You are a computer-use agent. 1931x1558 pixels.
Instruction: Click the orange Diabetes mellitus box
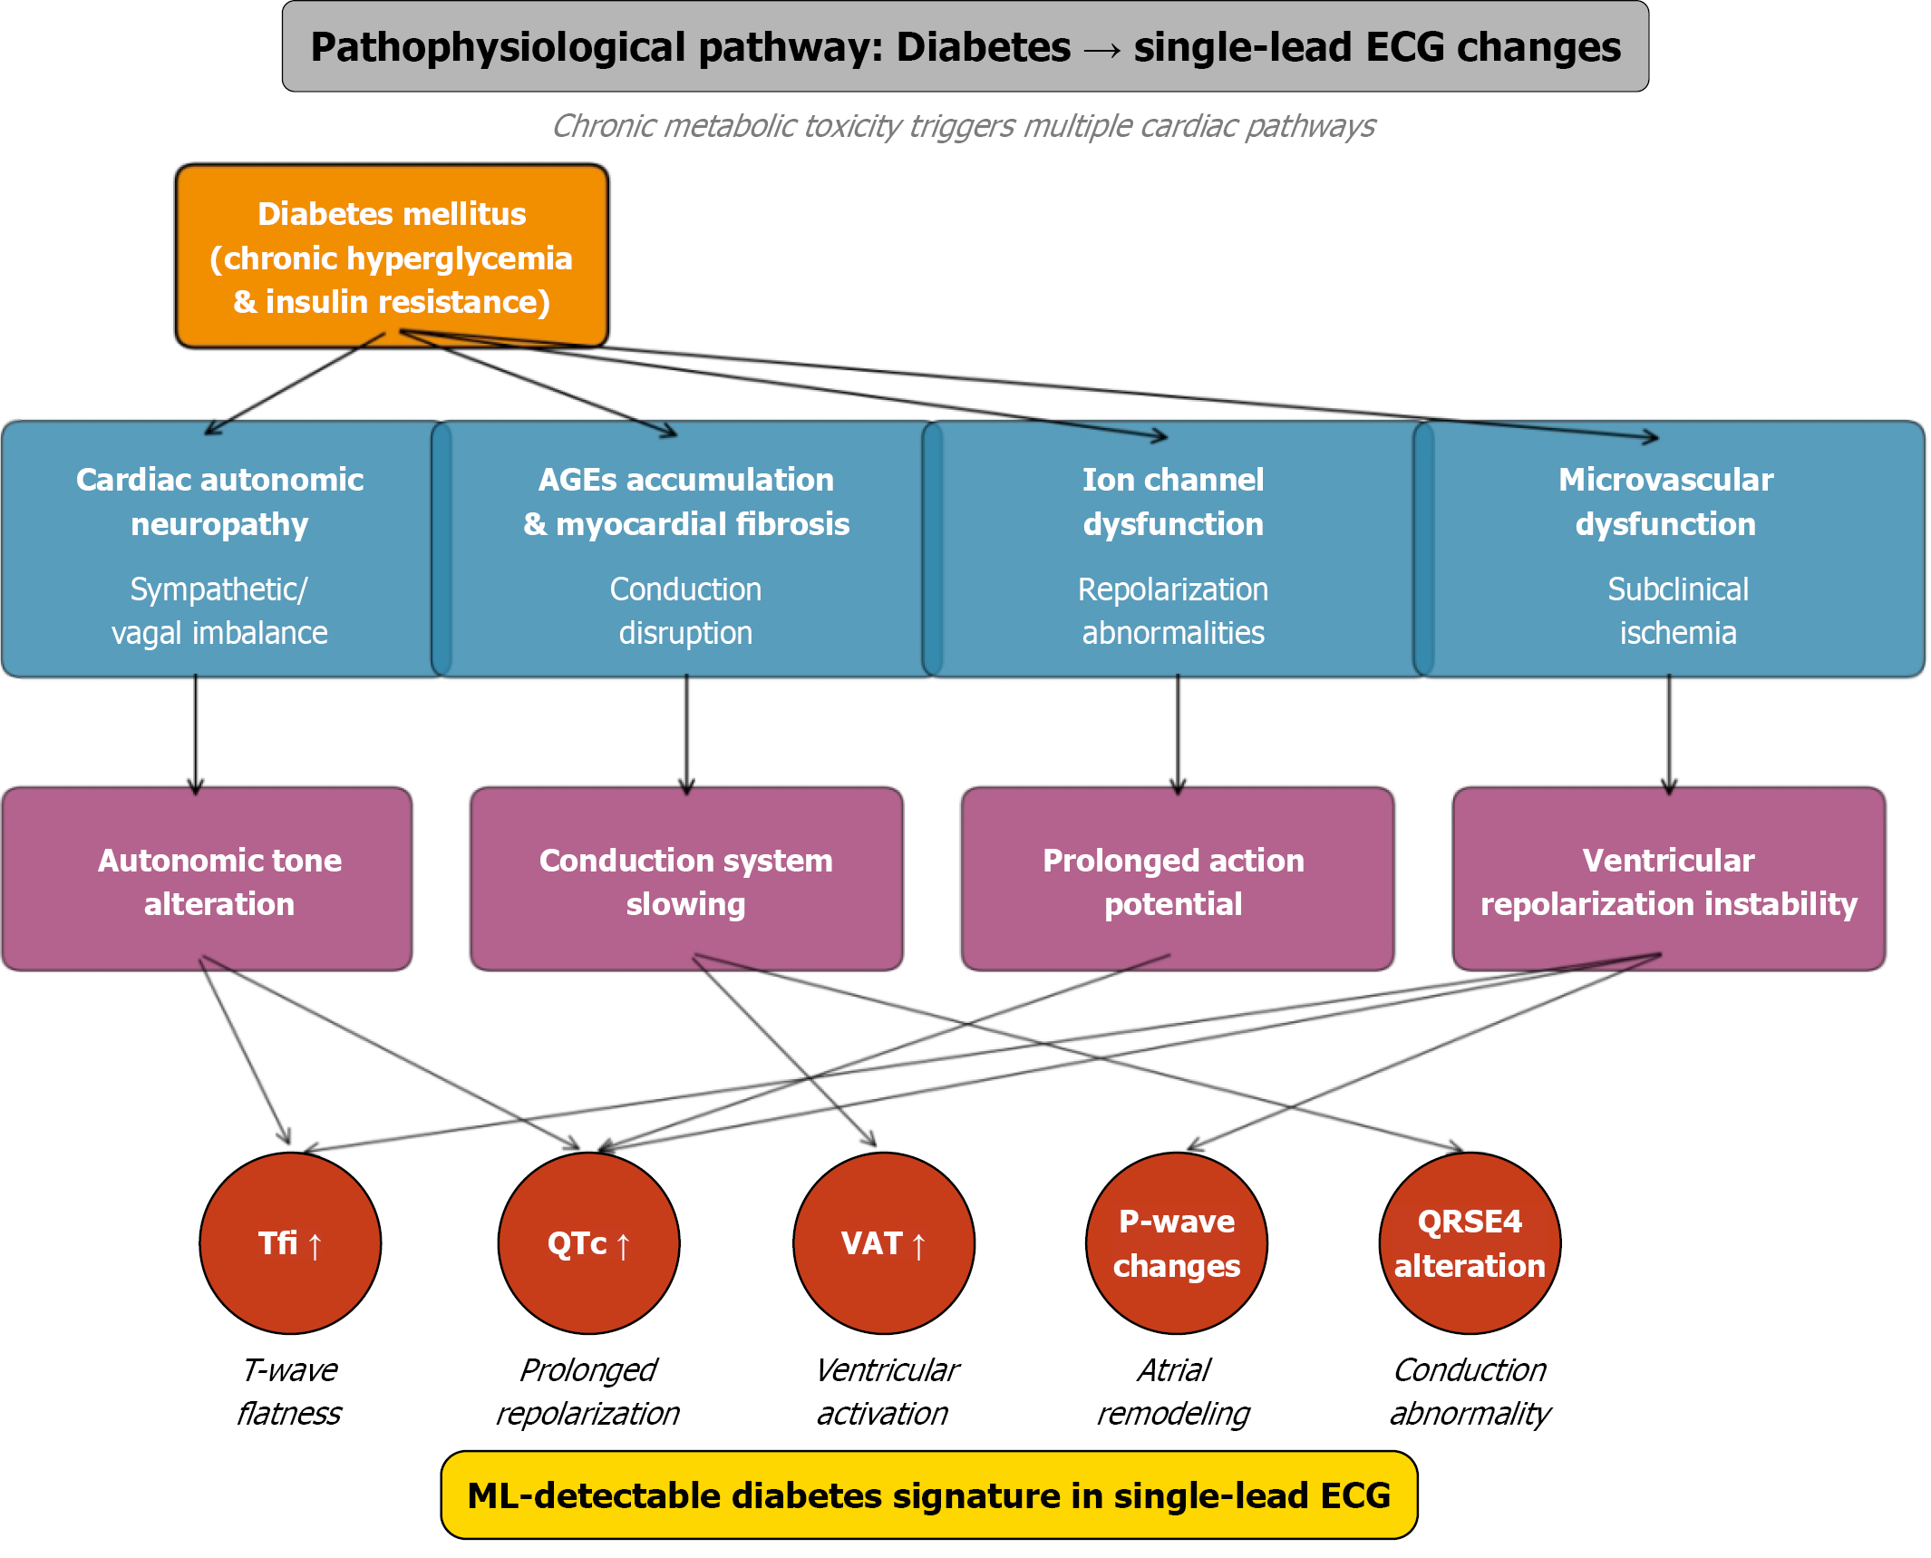392,257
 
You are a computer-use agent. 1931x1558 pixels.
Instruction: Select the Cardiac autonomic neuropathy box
219,550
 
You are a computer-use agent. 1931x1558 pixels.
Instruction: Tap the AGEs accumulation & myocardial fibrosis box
686,550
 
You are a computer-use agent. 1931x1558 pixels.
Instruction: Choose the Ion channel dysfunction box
1173,550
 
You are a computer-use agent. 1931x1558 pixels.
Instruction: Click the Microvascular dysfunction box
1668,550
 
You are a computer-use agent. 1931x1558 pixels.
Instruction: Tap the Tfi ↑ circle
290,1243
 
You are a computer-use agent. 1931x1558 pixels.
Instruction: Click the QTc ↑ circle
588,1243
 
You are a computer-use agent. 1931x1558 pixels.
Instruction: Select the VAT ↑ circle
883,1243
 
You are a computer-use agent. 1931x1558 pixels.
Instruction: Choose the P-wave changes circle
1176,1243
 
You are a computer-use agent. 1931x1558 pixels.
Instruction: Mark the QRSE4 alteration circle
1470,1243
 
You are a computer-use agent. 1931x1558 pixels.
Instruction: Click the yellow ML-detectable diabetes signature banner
928,1495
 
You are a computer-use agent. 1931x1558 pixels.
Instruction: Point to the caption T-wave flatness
289,1391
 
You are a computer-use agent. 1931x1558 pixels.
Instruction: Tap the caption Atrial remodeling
1174,1391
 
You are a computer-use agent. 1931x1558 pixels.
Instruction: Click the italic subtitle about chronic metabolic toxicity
964,126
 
